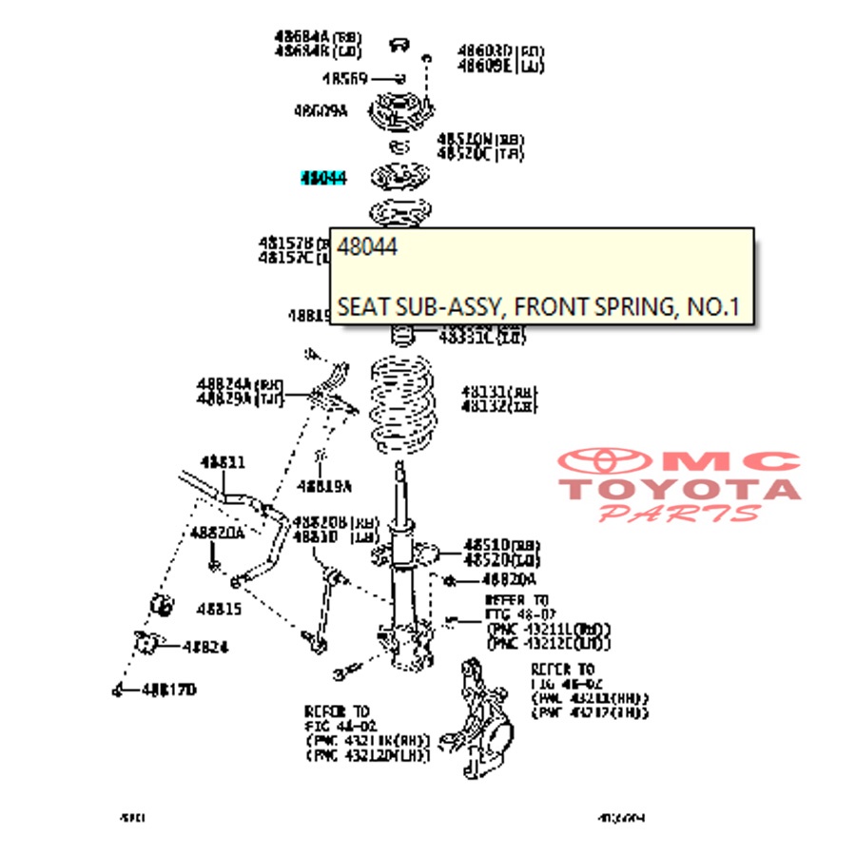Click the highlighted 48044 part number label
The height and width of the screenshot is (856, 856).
(323, 178)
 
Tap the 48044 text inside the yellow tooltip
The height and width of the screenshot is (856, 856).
(367, 247)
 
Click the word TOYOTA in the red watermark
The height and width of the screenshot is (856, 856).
(679, 490)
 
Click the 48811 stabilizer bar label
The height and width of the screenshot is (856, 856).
(223, 462)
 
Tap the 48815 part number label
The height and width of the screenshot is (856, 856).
(219, 608)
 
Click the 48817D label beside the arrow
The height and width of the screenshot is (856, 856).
(168, 690)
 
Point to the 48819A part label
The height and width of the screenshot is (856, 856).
(323, 486)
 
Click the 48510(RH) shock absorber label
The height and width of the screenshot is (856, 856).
(500, 544)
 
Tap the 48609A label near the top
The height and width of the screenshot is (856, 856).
(321, 111)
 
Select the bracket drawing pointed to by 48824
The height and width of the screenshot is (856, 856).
(145, 644)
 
